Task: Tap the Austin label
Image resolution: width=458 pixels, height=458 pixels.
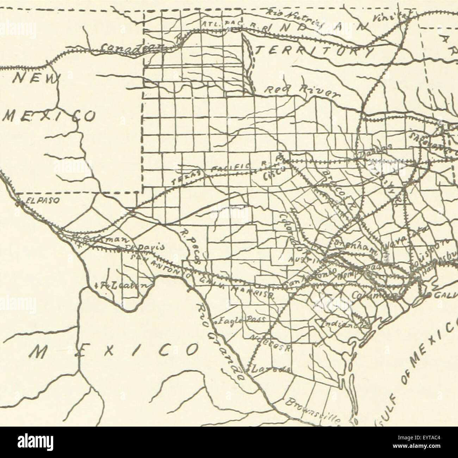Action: (303, 258)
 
